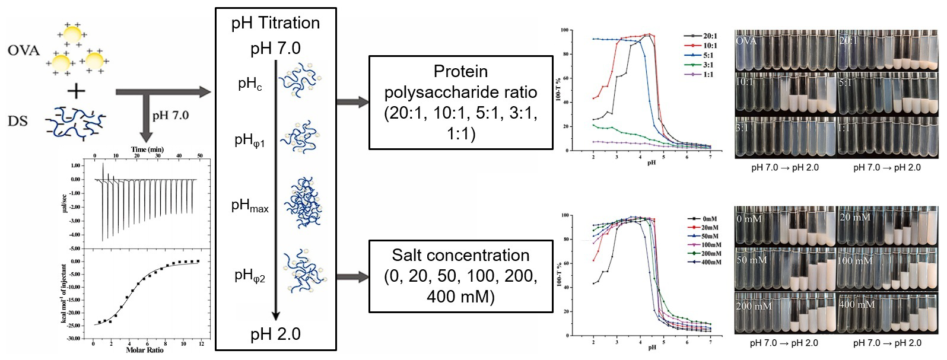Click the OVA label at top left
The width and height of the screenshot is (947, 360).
24,50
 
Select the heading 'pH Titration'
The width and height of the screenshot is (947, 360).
276,23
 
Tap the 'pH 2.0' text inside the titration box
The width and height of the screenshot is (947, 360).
275,334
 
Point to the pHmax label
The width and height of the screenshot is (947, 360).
250,206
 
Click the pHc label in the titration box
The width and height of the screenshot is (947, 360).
250,84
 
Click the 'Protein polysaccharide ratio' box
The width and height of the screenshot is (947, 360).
460,102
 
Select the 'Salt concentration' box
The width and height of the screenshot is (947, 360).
460,276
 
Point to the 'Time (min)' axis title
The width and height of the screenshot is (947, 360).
147,149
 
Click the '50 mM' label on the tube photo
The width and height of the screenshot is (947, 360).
752,260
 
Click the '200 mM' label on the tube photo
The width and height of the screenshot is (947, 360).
754,306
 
